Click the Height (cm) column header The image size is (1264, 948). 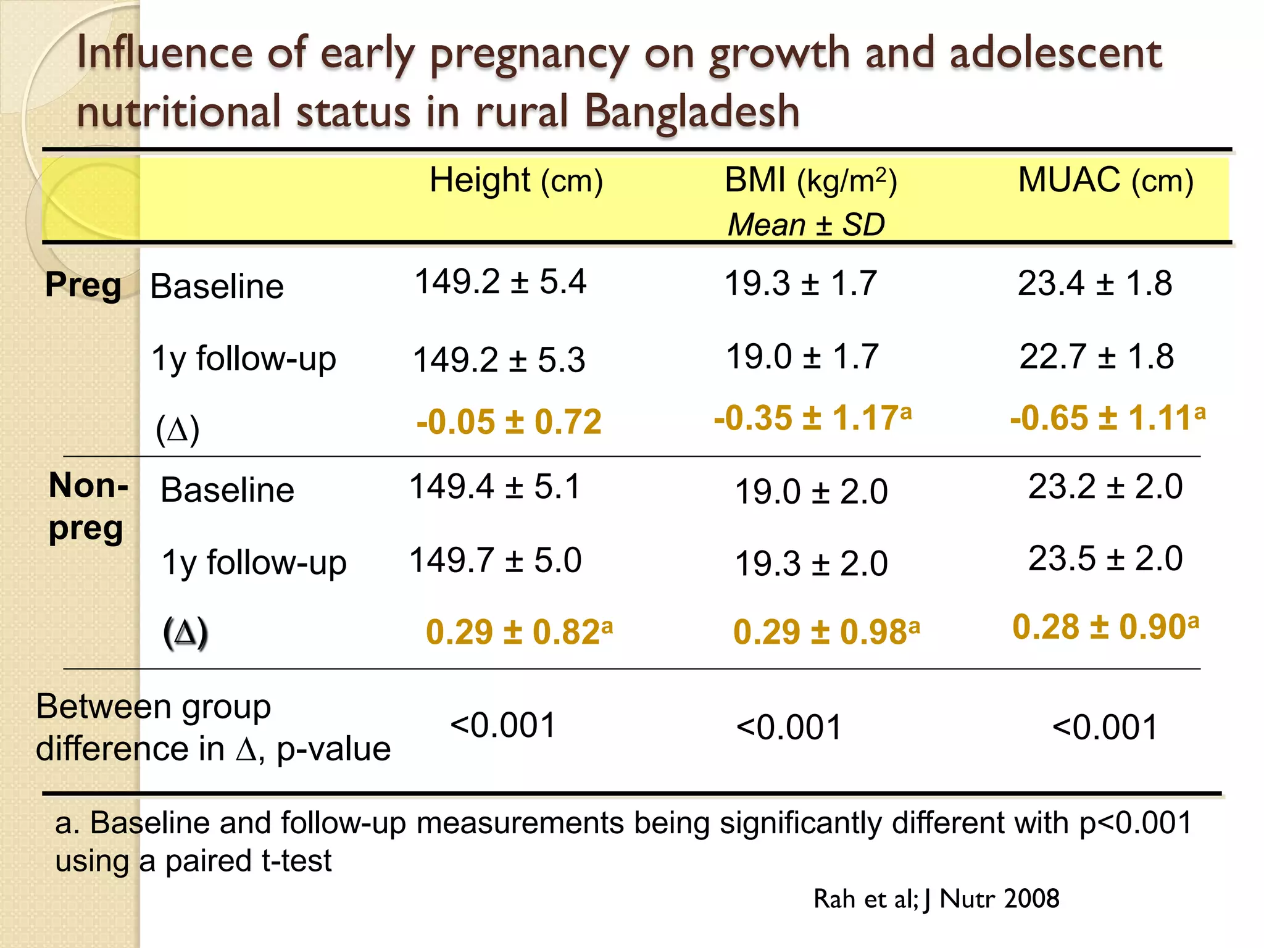(x=516, y=181)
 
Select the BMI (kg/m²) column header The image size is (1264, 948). (x=810, y=181)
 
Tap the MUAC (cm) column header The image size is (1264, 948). (x=1105, y=181)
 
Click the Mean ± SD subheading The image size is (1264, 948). (x=806, y=225)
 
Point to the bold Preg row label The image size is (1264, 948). (x=83, y=286)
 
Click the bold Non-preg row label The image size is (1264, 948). (x=88, y=506)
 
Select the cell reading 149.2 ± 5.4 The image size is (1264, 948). (x=500, y=282)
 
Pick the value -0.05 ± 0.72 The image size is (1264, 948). (x=509, y=422)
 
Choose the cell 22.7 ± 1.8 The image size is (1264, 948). (x=1096, y=357)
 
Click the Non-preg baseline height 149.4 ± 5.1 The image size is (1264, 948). (x=495, y=486)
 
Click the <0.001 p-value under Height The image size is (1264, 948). (x=503, y=725)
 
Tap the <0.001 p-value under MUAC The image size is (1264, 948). (x=1105, y=728)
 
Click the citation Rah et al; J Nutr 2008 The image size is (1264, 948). (x=936, y=899)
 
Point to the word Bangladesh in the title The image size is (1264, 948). (x=691, y=112)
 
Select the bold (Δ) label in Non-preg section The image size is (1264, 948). (x=185, y=633)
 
